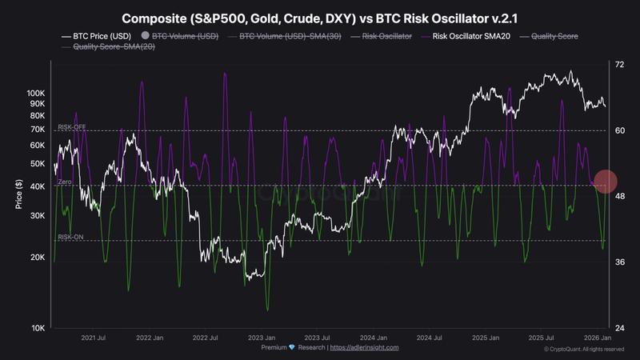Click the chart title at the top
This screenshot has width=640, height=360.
coord(319,17)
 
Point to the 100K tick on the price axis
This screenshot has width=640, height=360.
coord(36,94)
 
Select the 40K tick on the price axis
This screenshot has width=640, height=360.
coord(37,187)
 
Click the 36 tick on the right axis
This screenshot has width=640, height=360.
coord(619,262)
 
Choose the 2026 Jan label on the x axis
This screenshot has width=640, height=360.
coord(597,338)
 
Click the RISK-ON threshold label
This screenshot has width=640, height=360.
coord(70,238)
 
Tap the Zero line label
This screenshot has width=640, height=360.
coord(66,183)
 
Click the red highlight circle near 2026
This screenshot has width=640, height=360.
coord(606,182)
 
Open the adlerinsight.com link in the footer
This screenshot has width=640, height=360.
coord(364,348)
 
